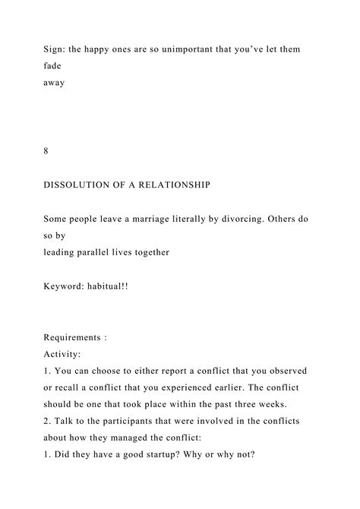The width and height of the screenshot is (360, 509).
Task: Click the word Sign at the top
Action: (x=53, y=49)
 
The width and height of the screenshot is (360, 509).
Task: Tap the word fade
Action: (x=52, y=66)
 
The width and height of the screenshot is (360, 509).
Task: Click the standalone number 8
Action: (x=47, y=150)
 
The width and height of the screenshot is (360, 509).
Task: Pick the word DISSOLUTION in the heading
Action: (x=77, y=185)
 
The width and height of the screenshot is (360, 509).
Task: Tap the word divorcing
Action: (x=233, y=219)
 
